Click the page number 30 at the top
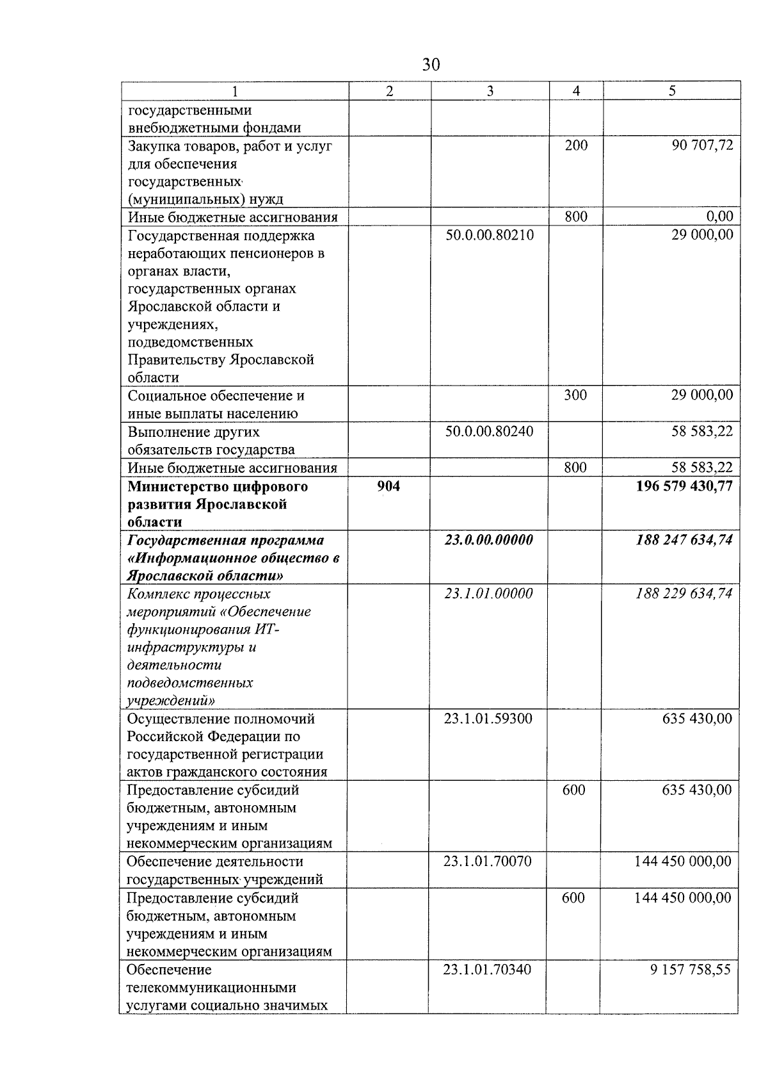point(431,65)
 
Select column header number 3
point(490,91)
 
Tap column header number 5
point(671,91)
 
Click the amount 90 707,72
point(702,145)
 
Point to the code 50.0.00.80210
point(490,235)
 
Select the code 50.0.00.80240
point(490,431)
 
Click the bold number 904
point(388,486)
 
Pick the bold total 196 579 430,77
point(684,486)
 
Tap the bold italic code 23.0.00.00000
point(489,540)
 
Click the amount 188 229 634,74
point(684,593)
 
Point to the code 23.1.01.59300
point(488,719)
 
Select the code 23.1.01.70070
point(487,862)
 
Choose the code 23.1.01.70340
point(487,970)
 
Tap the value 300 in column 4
point(575,395)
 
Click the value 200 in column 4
point(576,145)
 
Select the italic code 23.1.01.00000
point(489,593)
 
